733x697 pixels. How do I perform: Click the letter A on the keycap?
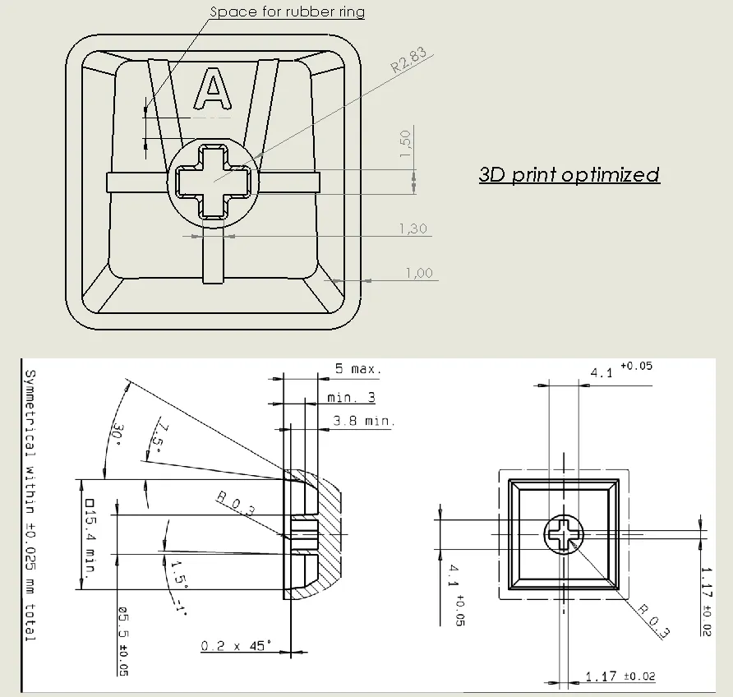(x=213, y=89)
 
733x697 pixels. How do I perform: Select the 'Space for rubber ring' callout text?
(x=287, y=12)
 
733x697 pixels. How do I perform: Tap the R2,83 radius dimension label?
(x=408, y=60)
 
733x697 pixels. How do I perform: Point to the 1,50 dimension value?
(x=405, y=144)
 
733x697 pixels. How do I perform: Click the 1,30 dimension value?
(x=413, y=228)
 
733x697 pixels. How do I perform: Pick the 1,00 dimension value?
(x=419, y=273)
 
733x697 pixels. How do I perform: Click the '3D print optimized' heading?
(x=569, y=175)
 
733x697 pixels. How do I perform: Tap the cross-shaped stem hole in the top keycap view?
(x=213, y=181)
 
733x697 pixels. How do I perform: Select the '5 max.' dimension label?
(x=358, y=369)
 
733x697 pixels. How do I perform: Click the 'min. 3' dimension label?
(x=351, y=397)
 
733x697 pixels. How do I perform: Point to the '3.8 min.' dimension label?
(x=364, y=421)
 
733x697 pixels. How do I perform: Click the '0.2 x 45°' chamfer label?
(x=236, y=646)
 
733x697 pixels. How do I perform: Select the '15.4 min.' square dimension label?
(x=90, y=536)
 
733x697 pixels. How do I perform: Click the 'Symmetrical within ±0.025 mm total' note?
(x=30, y=505)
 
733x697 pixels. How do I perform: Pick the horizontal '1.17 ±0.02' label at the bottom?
(x=620, y=676)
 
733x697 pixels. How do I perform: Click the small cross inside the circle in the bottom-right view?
(x=564, y=534)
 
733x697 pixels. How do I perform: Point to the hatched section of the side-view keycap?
(x=323, y=534)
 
